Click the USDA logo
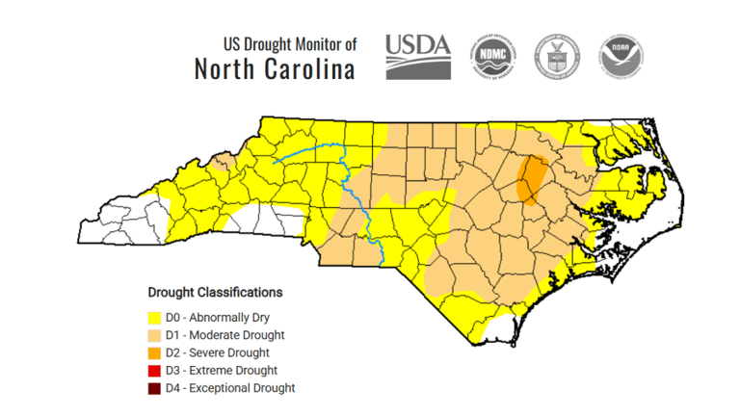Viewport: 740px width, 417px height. tap(418, 56)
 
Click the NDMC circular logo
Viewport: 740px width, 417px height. tap(491, 56)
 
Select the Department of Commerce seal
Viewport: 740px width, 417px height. tap(556, 56)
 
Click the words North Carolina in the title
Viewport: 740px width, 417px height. tap(275, 69)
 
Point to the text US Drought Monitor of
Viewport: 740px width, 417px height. tap(290, 43)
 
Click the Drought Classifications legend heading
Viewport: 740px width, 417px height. tap(215, 291)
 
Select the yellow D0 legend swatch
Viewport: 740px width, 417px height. tap(153, 317)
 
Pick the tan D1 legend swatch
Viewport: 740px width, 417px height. tap(153, 335)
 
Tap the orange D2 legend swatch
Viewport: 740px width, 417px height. tap(153, 352)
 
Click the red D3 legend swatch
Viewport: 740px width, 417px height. tap(153, 371)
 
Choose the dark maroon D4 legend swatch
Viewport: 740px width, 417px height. tap(153, 388)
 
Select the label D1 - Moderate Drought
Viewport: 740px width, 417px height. tap(225, 335)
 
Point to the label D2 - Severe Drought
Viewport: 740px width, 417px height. tap(218, 352)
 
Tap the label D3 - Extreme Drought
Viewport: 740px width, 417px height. tap(222, 371)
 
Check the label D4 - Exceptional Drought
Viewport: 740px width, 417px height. tap(230, 388)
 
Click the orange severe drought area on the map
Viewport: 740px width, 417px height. tap(530, 178)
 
